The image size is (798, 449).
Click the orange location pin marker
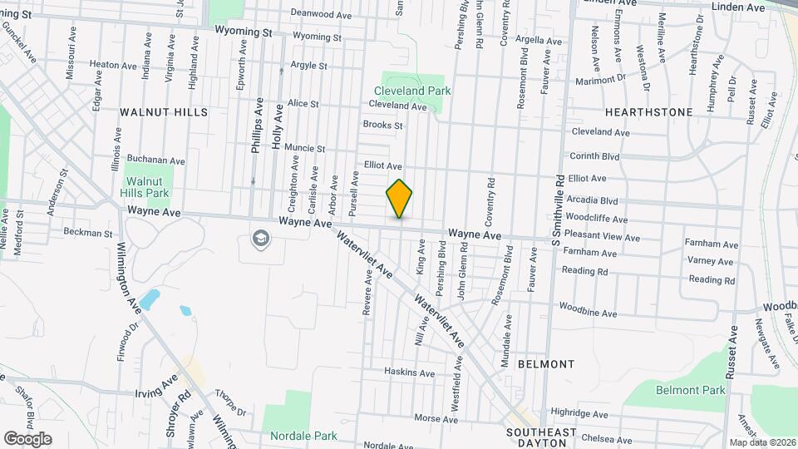point(400,199)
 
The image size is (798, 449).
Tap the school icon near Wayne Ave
point(260,239)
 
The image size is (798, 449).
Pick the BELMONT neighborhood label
point(545,364)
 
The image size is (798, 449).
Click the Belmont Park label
point(690,390)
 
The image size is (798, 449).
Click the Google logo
point(27,438)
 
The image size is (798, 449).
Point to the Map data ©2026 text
point(761,442)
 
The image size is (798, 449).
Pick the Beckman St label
point(87,234)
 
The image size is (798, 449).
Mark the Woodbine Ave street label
point(588,313)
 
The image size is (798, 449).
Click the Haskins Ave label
point(410,373)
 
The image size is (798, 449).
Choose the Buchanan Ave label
point(156,160)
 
